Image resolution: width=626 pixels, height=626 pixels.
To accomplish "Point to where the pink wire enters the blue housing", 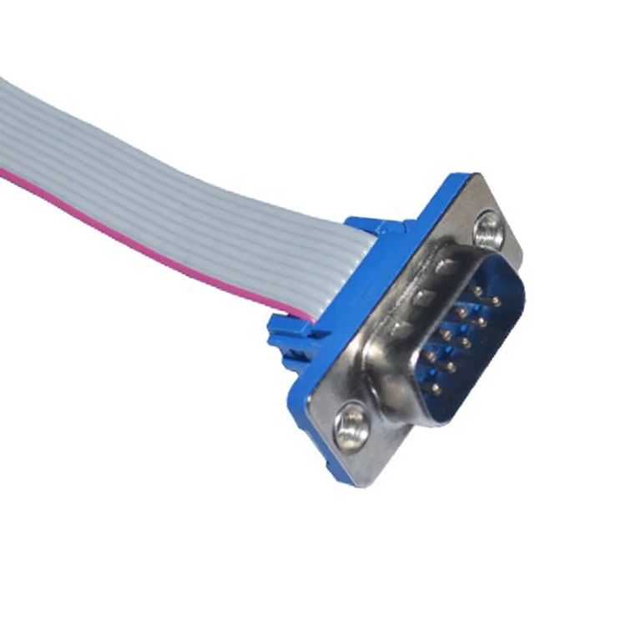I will (x=310, y=317).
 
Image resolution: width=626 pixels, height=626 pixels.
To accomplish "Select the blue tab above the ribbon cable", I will (x=371, y=225).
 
